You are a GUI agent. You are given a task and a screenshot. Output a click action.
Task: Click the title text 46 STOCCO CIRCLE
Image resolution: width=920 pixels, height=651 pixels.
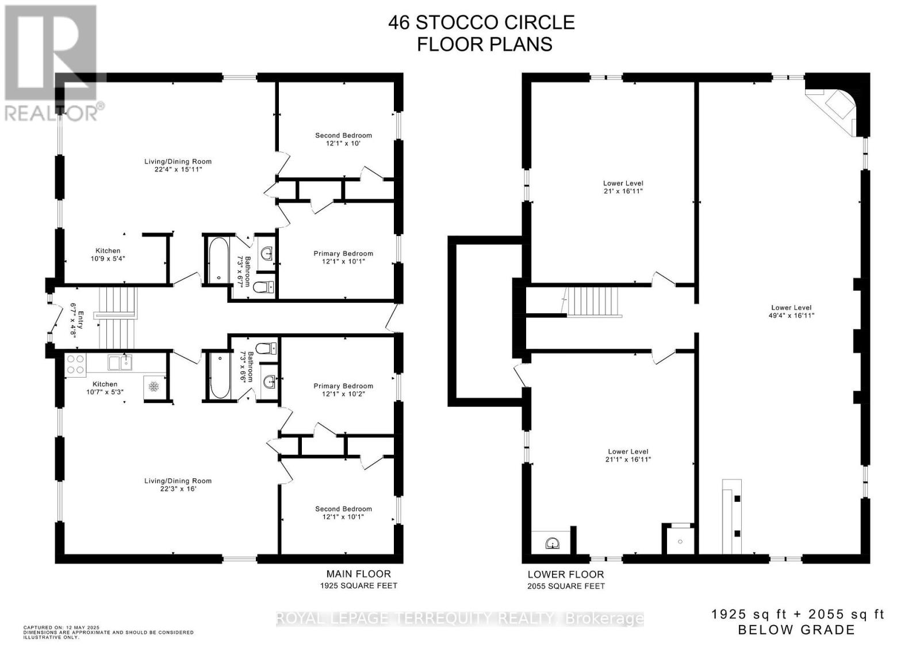[481, 22]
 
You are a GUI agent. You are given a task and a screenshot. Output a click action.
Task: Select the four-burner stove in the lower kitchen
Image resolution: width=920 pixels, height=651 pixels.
[75, 364]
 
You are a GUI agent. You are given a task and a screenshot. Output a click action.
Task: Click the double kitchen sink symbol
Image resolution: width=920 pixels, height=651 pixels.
[120, 363]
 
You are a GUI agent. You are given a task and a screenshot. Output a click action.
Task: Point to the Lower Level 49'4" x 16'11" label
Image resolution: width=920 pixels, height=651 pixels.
[791, 311]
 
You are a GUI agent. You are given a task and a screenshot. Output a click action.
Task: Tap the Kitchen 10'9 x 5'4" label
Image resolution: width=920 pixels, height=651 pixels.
[108, 254]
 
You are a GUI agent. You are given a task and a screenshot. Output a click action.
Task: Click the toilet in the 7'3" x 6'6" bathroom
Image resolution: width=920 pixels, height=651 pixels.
[265, 348]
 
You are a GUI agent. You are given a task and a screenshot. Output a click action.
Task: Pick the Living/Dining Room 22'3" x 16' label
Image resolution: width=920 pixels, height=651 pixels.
[178, 485]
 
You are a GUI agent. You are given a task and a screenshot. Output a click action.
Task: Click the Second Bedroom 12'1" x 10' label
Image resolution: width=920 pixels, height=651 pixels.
[343, 139]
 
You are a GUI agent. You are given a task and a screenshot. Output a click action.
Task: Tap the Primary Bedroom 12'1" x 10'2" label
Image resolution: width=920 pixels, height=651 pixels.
[343, 390]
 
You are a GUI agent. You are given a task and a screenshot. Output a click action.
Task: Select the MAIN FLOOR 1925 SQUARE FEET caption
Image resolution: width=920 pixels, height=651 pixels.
[359, 579]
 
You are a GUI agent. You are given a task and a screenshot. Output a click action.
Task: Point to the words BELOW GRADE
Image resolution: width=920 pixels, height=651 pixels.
[796, 630]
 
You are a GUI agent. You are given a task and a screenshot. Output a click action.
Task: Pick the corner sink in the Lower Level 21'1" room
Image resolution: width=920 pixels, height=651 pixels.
[551, 542]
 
